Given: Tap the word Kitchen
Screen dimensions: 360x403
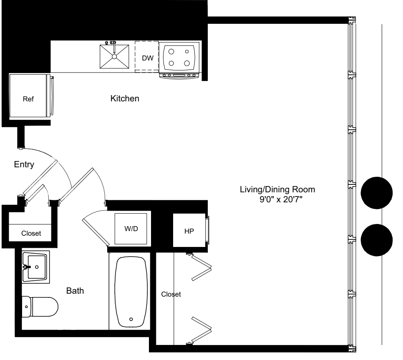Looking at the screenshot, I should point(124,99).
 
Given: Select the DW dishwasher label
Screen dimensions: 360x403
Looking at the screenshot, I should point(148,58).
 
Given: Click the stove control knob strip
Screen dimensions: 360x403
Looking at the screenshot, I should point(179,76).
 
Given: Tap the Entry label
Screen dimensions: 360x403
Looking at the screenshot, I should point(23,164).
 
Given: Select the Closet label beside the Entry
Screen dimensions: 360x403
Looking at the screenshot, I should point(31,234).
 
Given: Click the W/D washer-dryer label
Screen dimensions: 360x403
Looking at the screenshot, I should point(131,228).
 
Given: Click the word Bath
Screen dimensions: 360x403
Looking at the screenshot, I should point(75,291).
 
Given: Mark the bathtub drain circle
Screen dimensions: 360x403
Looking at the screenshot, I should point(131,319).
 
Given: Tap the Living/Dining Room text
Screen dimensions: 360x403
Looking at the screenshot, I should point(277,190).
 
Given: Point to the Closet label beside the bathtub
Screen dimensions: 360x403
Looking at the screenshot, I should point(171,295).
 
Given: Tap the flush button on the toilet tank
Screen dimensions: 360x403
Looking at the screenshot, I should point(27,307).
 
